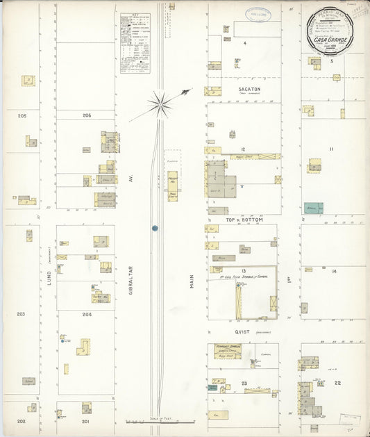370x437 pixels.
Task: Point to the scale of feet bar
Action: (x=160, y=421)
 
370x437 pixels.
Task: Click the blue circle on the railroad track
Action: (x=155, y=227)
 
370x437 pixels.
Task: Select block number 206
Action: (x=87, y=115)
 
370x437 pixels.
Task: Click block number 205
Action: (x=22, y=115)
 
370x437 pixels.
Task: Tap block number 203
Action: (x=21, y=314)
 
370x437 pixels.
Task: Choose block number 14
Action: (x=334, y=271)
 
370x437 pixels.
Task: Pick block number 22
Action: (x=338, y=383)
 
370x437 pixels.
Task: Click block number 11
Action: (x=332, y=149)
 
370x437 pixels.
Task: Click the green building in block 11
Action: (x=313, y=208)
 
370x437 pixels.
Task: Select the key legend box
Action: (x=135, y=42)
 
